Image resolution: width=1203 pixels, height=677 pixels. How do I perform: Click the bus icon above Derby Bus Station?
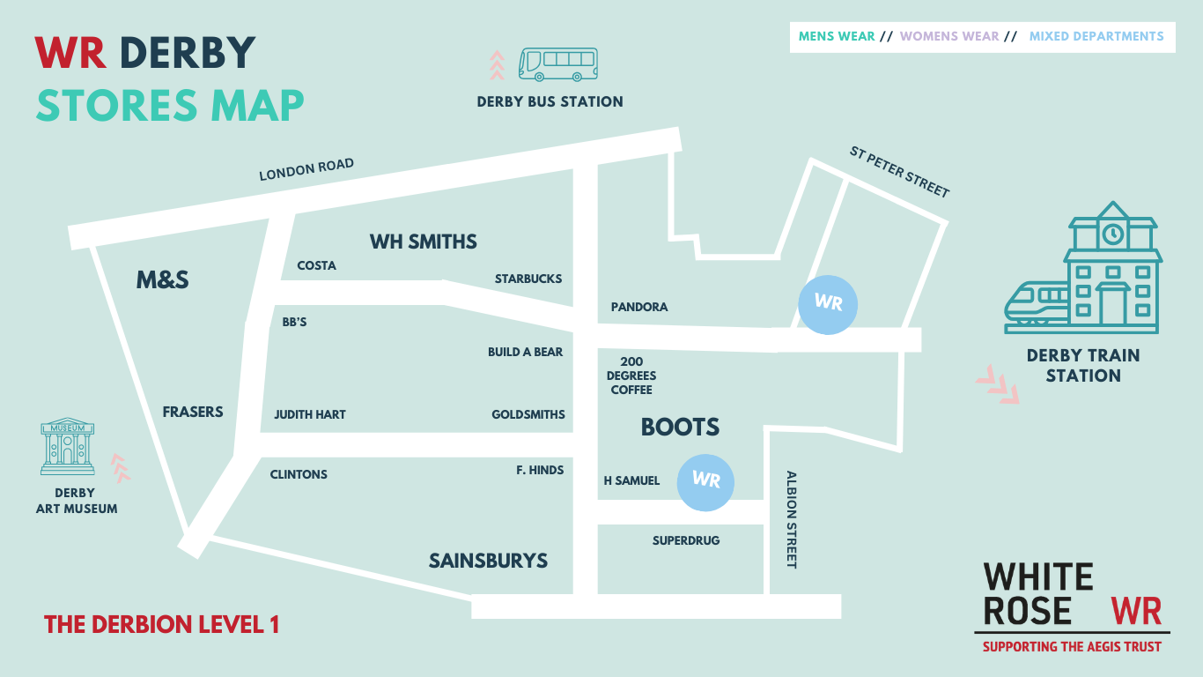click(x=558, y=64)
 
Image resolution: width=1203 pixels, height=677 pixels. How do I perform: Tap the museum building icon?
click(x=68, y=446)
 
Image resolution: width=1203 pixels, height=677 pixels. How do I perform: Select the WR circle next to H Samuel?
click(x=705, y=481)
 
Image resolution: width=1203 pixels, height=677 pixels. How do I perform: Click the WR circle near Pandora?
click(x=827, y=303)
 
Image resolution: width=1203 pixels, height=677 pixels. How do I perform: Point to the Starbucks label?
click(x=528, y=279)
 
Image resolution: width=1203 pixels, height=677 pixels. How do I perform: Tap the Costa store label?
click(x=316, y=265)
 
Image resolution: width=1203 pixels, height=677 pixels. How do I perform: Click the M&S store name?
click(x=163, y=279)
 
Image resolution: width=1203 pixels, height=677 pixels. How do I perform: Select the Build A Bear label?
click(x=525, y=352)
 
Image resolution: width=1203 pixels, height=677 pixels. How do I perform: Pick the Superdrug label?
click(x=686, y=539)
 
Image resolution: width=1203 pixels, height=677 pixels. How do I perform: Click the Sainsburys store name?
click(x=488, y=561)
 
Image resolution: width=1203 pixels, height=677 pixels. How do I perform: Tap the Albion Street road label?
click(x=791, y=519)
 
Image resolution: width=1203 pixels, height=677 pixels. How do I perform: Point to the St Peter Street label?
click(x=899, y=172)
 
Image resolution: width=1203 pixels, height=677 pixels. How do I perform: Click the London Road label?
click(x=306, y=169)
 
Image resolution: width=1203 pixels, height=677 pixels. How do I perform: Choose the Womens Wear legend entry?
click(x=949, y=36)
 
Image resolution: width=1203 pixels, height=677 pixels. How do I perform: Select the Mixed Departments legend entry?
click(x=1096, y=36)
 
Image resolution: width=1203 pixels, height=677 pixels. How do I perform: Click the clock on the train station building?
click(x=1113, y=234)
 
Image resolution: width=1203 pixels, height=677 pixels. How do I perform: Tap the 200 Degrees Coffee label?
click(x=631, y=376)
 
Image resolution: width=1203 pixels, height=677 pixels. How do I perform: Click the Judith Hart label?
click(x=310, y=414)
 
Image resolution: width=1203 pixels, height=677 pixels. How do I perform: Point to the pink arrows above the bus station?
click(x=498, y=65)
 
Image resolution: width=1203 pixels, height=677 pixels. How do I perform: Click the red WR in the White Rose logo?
click(x=1136, y=611)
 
